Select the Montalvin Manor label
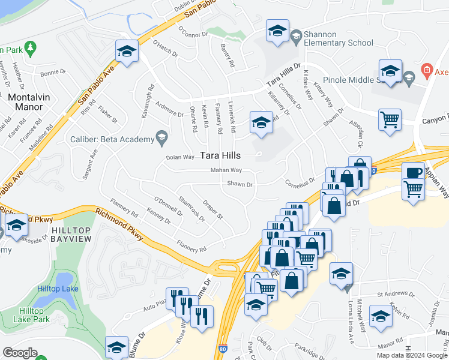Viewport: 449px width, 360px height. pyautogui.click(x=25, y=101)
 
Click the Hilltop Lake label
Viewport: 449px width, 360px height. pyautogui.click(x=57, y=289)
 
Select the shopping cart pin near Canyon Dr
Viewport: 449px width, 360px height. pyautogui.click(x=390, y=119)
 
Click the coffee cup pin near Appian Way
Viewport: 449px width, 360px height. pyautogui.click(x=412, y=172)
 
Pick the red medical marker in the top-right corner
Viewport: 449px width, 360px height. pyautogui.click(x=427, y=70)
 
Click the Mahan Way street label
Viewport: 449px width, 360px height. pyautogui.click(x=226, y=170)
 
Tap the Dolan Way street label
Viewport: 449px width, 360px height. pyautogui.click(x=180, y=157)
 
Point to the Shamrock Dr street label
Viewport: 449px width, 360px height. pyautogui.click(x=191, y=208)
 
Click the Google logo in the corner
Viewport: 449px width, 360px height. pyautogui.click(x=20, y=353)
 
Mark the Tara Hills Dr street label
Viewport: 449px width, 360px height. pyautogui.click(x=283, y=75)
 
